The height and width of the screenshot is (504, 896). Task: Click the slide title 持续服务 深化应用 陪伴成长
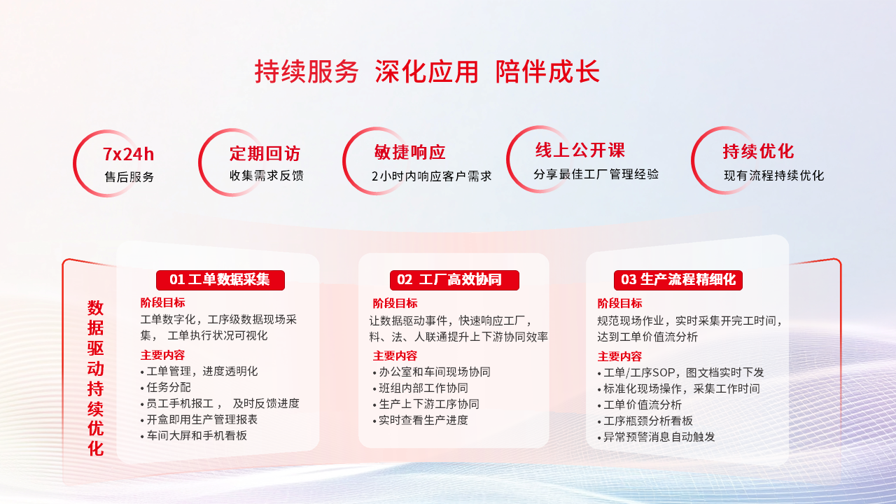427,72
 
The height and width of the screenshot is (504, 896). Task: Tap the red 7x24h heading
128,154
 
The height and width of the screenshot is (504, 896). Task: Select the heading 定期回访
265,154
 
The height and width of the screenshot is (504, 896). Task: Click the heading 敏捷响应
409,153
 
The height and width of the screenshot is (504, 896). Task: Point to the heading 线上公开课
580,150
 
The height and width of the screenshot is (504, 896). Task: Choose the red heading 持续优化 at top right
758,151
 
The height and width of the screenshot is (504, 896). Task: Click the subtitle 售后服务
129,177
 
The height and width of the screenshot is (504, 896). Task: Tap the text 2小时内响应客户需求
431,176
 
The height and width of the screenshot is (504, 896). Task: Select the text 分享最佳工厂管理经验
596,174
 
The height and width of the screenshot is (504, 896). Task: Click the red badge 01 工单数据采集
220,280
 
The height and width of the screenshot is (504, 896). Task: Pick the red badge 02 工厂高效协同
454,280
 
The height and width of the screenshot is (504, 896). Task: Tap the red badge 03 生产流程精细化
678,280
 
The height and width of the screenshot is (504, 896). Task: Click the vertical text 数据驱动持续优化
95,378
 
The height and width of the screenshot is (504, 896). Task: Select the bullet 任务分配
169,387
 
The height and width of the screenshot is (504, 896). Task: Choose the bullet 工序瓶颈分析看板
647,421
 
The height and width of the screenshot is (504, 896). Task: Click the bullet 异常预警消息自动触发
659,437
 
